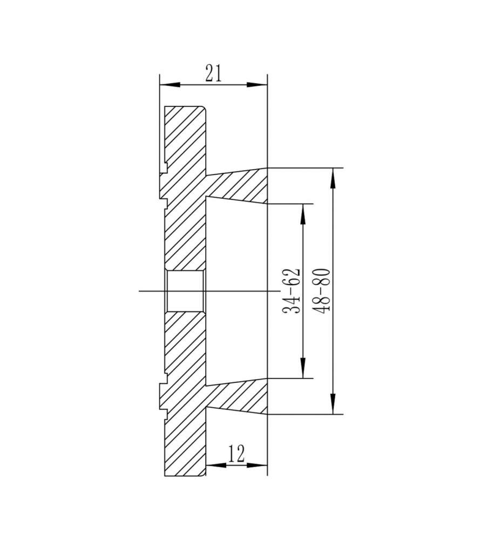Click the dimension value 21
tap(213, 73)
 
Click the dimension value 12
tap(236, 454)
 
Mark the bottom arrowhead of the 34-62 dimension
tap(303, 369)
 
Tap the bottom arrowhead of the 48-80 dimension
tap(334, 405)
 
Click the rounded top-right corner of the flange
tap(204, 108)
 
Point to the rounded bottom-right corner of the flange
tap(204, 474)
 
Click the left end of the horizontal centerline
tap(140, 291)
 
